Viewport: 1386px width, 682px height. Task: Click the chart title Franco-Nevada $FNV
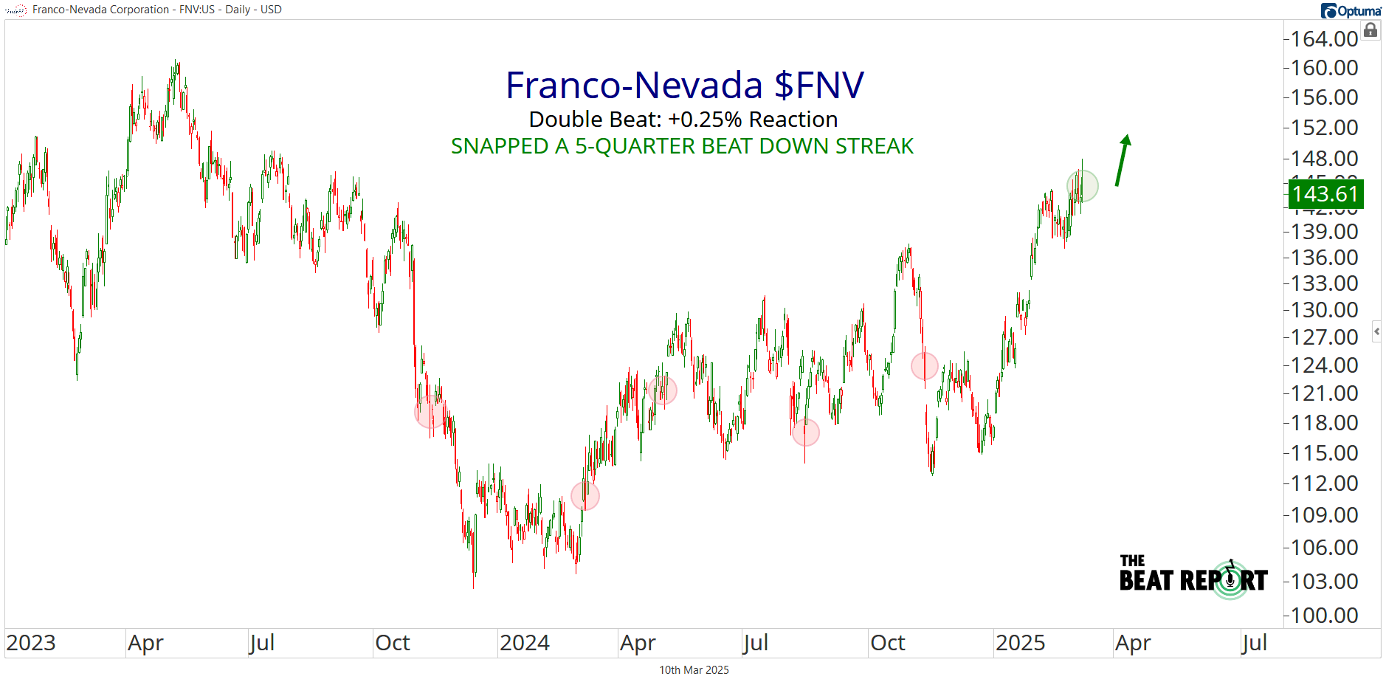(x=684, y=85)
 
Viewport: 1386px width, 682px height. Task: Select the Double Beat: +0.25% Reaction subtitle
(x=683, y=120)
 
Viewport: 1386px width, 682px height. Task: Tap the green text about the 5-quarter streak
(x=682, y=146)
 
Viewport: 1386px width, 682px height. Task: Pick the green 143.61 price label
(x=1325, y=194)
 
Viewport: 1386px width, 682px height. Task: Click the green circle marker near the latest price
(x=1083, y=186)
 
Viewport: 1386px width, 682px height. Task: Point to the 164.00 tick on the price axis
(x=1324, y=38)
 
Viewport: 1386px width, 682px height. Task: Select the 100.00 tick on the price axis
(x=1324, y=615)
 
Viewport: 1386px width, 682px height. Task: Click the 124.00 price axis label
(x=1324, y=365)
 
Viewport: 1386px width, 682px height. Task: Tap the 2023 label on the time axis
(x=31, y=643)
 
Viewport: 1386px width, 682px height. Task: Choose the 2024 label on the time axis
(x=524, y=643)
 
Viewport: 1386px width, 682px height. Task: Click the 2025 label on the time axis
(x=1020, y=643)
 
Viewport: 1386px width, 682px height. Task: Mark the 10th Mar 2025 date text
(x=694, y=670)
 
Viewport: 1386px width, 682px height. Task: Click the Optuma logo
(x=1351, y=10)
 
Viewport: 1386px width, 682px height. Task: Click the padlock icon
(x=1371, y=30)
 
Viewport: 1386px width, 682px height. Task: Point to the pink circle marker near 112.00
(x=585, y=496)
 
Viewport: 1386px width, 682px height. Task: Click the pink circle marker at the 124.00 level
(x=924, y=365)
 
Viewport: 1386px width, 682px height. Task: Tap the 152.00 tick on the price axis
(x=1324, y=128)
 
